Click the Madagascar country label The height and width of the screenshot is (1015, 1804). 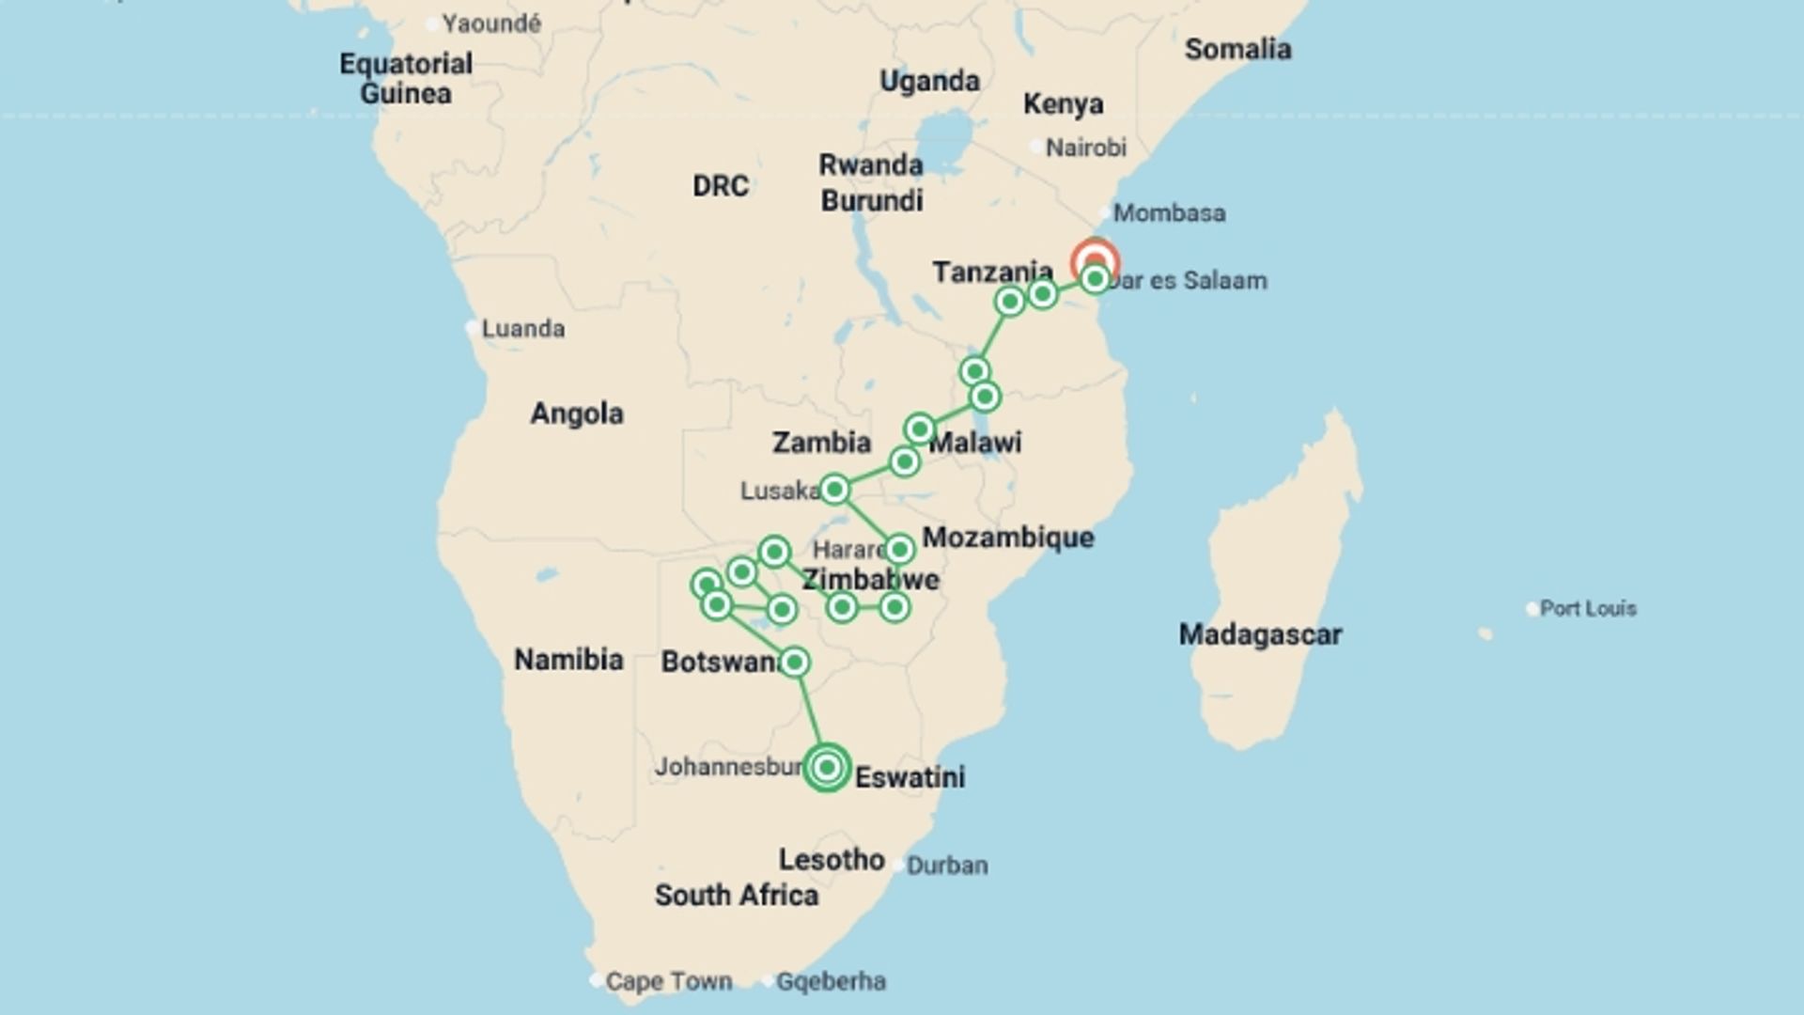click(x=1259, y=634)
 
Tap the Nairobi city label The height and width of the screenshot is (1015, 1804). click(x=1085, y=148)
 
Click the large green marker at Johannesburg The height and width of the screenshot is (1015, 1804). click(x=827, y=767)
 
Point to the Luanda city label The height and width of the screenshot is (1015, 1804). click(x=522, y=329)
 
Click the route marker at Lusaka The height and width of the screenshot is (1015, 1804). click(x=834, y=489)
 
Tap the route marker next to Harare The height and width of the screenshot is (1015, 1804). click(x=899, y=549)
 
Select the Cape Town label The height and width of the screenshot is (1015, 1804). click(x=668, y=981)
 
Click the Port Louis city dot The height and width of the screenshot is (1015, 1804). click(x=1532, y=609)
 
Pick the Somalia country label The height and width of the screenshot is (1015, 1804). click(x=1236, y=49)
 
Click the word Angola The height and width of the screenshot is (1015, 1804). click(x=576, y=414)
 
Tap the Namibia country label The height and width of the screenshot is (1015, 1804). click(x=568, y=660)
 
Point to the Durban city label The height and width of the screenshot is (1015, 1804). click(x=946, y=866)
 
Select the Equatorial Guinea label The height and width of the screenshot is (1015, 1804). click(x=406, y=78)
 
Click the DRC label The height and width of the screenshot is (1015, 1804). click(x=720, y=186)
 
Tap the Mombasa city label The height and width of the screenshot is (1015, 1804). click(x=1168, y=213)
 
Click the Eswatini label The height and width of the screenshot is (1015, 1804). click(x=909, y=777)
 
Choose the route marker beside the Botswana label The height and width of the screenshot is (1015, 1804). click(x=794, y=663)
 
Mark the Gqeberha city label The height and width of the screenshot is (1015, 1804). click(x=831, y=981)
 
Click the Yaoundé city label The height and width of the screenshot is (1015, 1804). click(x=490, y=23)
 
